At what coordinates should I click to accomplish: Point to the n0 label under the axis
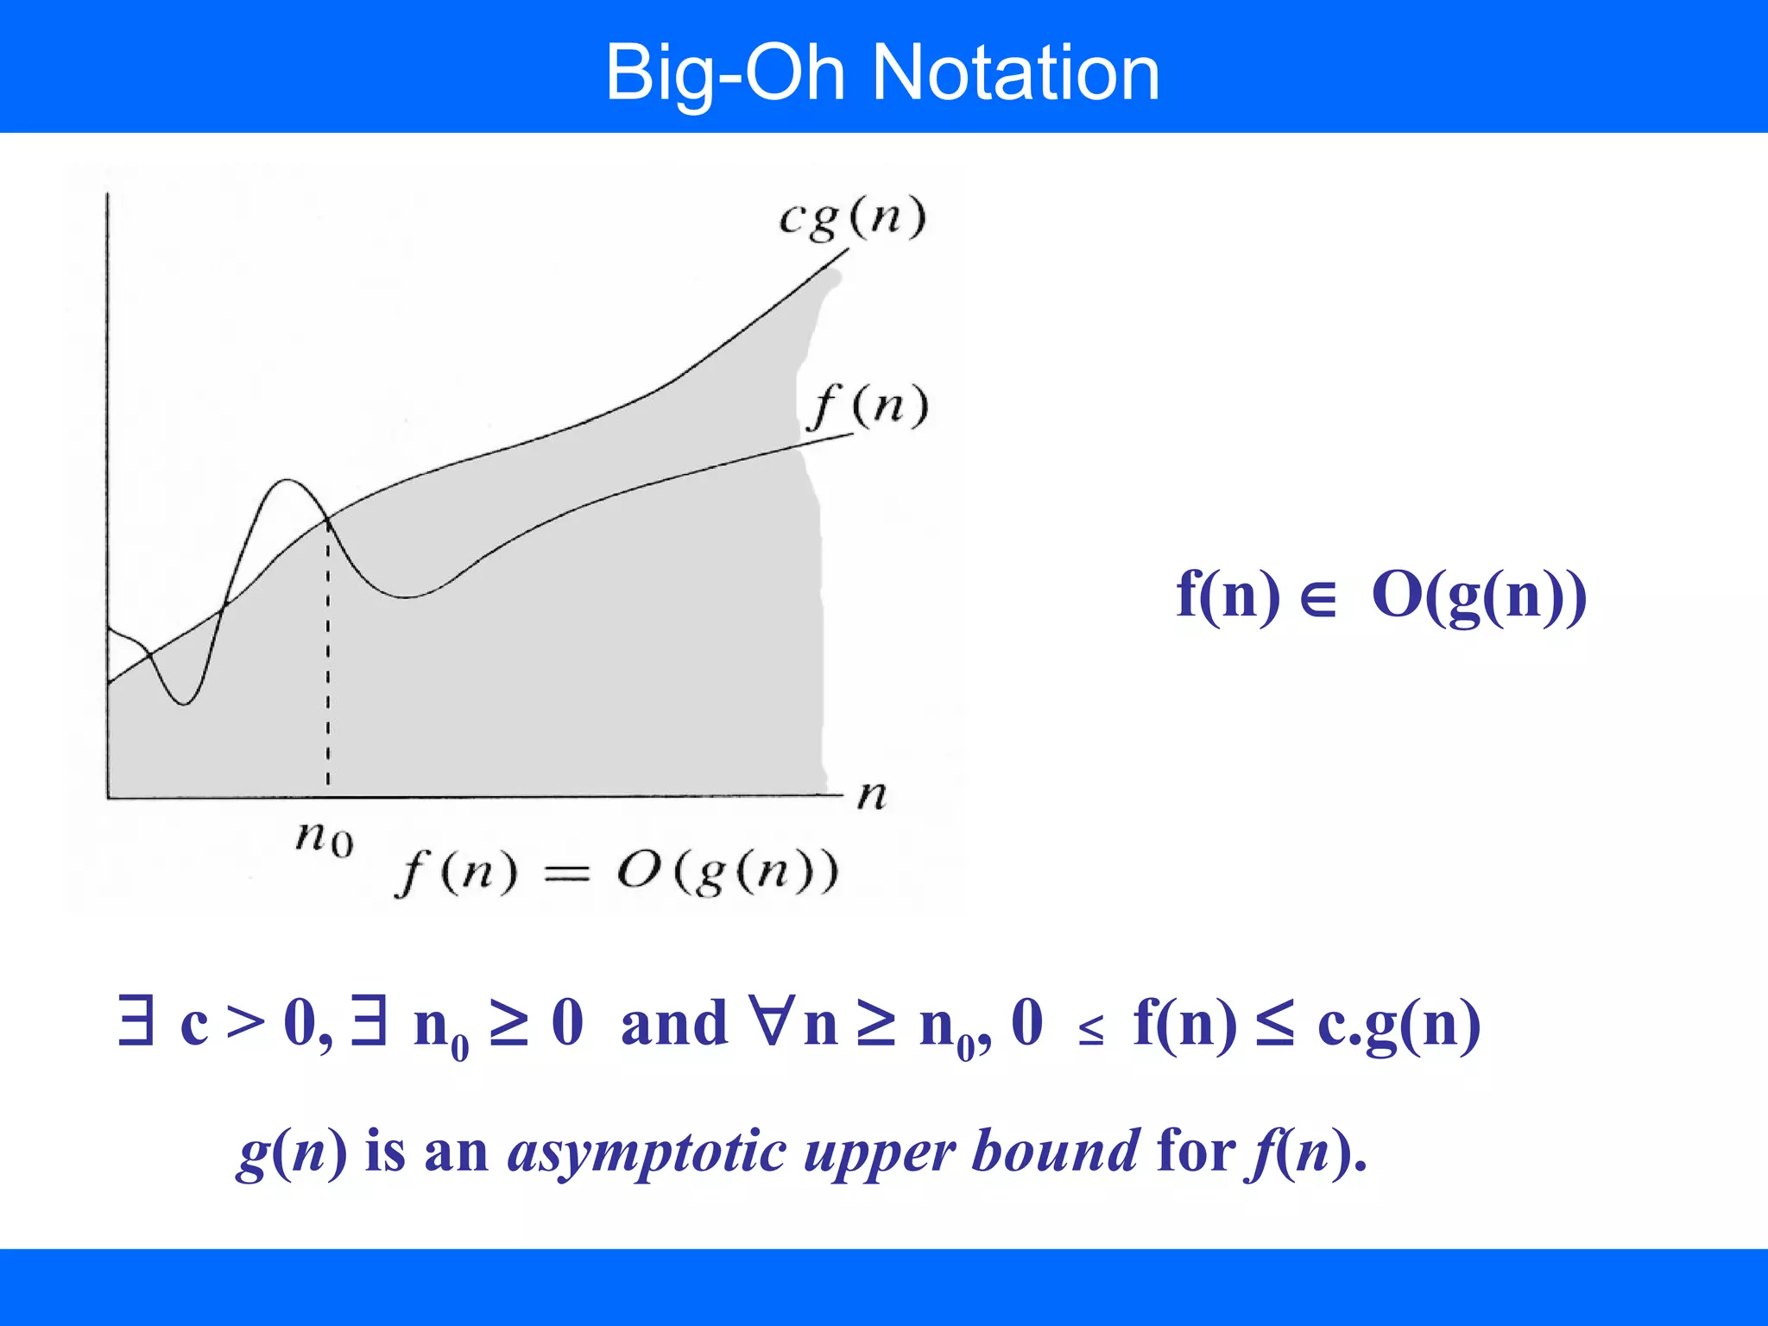(325, 837)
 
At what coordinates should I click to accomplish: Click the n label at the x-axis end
(872, 794)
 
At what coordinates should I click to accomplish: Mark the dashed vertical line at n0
(328, 656)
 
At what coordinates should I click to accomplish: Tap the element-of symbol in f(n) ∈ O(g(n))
(1318, 597)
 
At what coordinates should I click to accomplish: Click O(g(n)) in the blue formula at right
(1479, 596)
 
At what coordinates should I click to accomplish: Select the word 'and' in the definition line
(674, 1025)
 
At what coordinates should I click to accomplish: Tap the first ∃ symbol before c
(136, 1022)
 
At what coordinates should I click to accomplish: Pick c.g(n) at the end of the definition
(1399, 1025)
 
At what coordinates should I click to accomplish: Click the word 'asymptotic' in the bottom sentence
(647, 1152)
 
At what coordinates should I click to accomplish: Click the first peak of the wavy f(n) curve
(287, 481)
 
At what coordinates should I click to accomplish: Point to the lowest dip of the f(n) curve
(184, 704)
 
